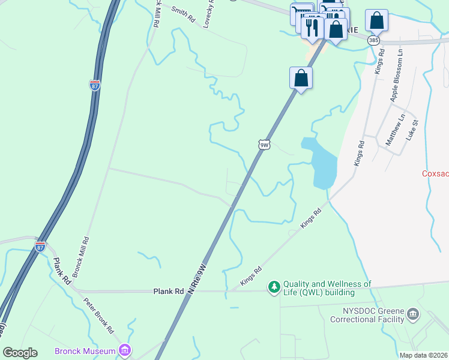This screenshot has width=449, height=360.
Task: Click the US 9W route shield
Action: click(x=264, y=145)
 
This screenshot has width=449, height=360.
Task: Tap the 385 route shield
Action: click(x=373, y=40)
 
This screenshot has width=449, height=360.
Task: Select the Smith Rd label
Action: click(x=183, y=15)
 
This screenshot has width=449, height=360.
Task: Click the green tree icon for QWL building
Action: click(x=274, y=288)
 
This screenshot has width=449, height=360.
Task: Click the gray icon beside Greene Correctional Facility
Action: click(x=412, y=314)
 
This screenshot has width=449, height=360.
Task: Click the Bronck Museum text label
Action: click(x=85, y=351)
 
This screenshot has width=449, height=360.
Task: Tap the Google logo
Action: click(x=20, y=353)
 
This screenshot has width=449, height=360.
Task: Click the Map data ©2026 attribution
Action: click(x=423, y=355)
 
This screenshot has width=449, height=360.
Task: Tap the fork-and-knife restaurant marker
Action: click(x=312, y=26)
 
